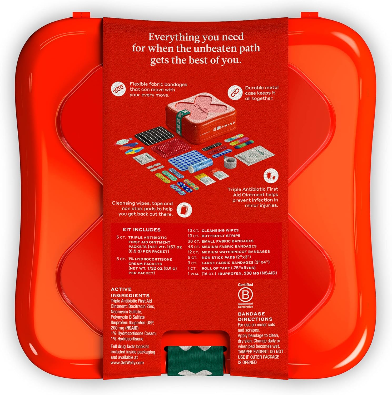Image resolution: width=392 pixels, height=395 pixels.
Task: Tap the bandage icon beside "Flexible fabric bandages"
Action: click(x=118, y=89)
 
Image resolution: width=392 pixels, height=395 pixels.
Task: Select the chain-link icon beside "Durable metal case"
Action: click(x=235, y=93)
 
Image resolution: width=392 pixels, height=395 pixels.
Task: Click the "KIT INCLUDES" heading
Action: click(x=141, y=230)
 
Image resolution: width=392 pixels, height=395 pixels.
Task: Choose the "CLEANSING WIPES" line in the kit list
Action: click(x=220, y=230)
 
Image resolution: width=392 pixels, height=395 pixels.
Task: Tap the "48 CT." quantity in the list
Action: click(x=193, y=247)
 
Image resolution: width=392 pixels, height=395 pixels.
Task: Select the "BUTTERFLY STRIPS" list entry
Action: click(x=221, y=236)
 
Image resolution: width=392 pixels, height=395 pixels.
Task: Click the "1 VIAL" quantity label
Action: click(x=193, y=274)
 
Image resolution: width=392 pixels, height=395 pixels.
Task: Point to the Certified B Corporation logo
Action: click(x=245, y=296)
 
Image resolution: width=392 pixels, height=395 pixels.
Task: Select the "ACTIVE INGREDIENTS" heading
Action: click(x=130, y=292)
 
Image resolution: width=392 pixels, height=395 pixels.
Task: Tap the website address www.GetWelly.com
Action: click(x=127, y=363)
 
